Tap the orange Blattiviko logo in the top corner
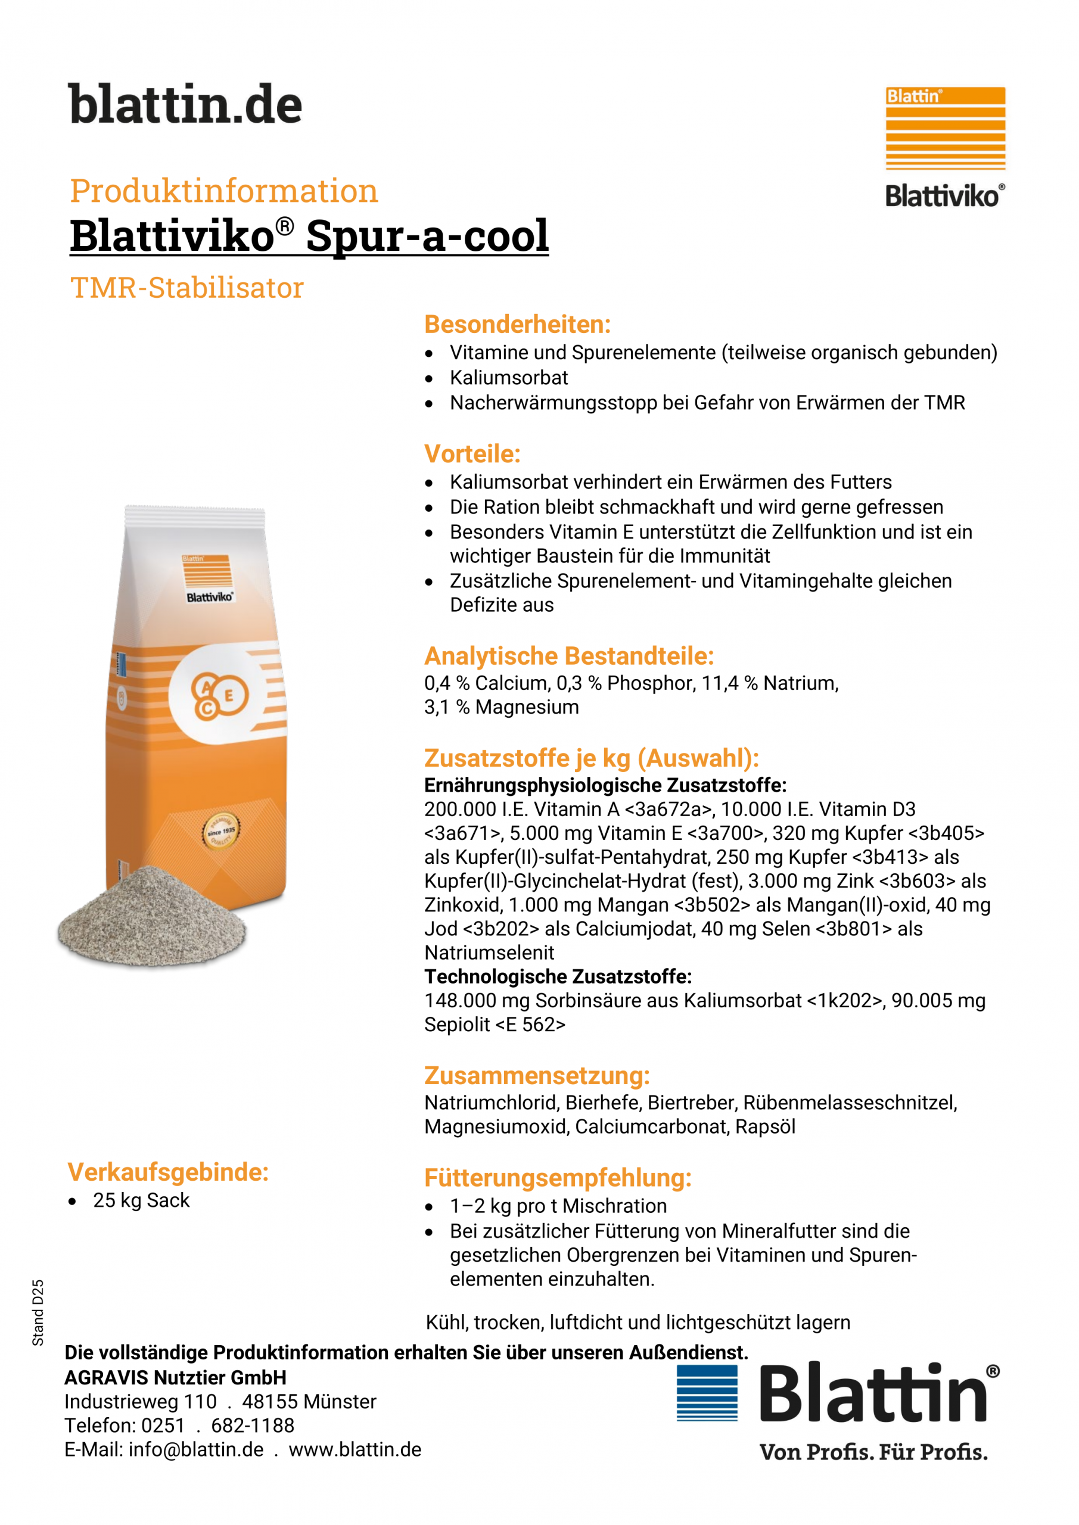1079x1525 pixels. [945, 146]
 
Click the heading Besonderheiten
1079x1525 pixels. [517, 324]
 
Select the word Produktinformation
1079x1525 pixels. [224, 191]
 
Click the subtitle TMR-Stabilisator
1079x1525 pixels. [186, 288]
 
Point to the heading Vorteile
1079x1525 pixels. [472, 454]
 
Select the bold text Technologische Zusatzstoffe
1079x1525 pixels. [558, 976]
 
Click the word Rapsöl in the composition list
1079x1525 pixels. [765, 1126]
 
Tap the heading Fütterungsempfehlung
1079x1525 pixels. [558, 1178]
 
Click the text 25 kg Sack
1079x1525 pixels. [141, 1200]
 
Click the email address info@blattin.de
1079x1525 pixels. [196, 1449]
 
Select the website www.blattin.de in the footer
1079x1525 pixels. [355, 1449]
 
